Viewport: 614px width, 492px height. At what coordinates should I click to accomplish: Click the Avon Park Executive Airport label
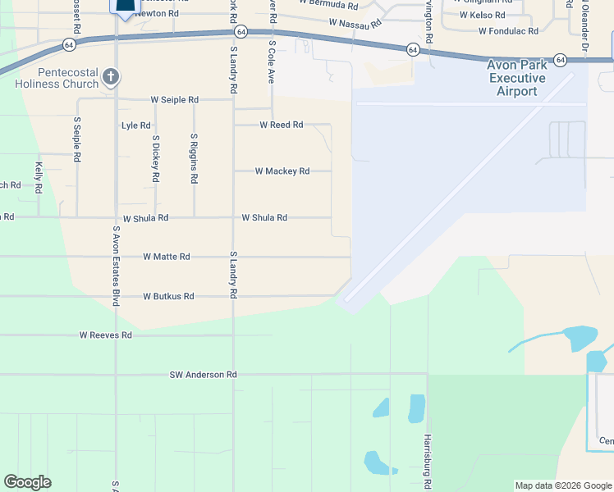tap(527, 78)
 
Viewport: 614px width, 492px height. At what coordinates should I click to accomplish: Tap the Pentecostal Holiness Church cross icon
tap(112, 78)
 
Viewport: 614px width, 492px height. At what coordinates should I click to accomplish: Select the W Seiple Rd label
tap(174, 100)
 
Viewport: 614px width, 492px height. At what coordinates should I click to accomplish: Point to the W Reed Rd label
tap(282, 125)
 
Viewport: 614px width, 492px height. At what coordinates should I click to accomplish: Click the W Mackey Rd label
tap(282, 171)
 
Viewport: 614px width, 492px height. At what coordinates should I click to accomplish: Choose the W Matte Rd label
tap(167, 257)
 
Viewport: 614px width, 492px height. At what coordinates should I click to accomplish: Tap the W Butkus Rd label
tap(168, 296)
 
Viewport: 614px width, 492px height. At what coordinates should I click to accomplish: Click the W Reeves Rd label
tap(105, 335)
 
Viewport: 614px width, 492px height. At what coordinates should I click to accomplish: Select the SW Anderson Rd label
tap(203, 375)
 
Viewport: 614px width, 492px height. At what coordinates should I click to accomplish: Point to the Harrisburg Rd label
tap(428, 461)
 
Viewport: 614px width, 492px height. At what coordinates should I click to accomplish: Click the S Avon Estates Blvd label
tap(117, 267)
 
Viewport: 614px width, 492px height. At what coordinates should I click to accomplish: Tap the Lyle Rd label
tap(135, 125)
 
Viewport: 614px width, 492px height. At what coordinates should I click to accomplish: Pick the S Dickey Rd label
tap(155, 158)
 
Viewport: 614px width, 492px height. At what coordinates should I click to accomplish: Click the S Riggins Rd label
tap(194, 158)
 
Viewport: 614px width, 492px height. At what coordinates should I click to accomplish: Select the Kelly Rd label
tap(39, 177)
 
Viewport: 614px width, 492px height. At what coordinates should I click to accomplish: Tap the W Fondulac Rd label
tap(508, 31)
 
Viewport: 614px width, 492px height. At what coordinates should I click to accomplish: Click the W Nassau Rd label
tap(355, 25)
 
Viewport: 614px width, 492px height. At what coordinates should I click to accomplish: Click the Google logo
tap(27, 482)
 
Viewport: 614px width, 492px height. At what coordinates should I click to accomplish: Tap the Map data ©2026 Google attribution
tap(562, 485)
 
